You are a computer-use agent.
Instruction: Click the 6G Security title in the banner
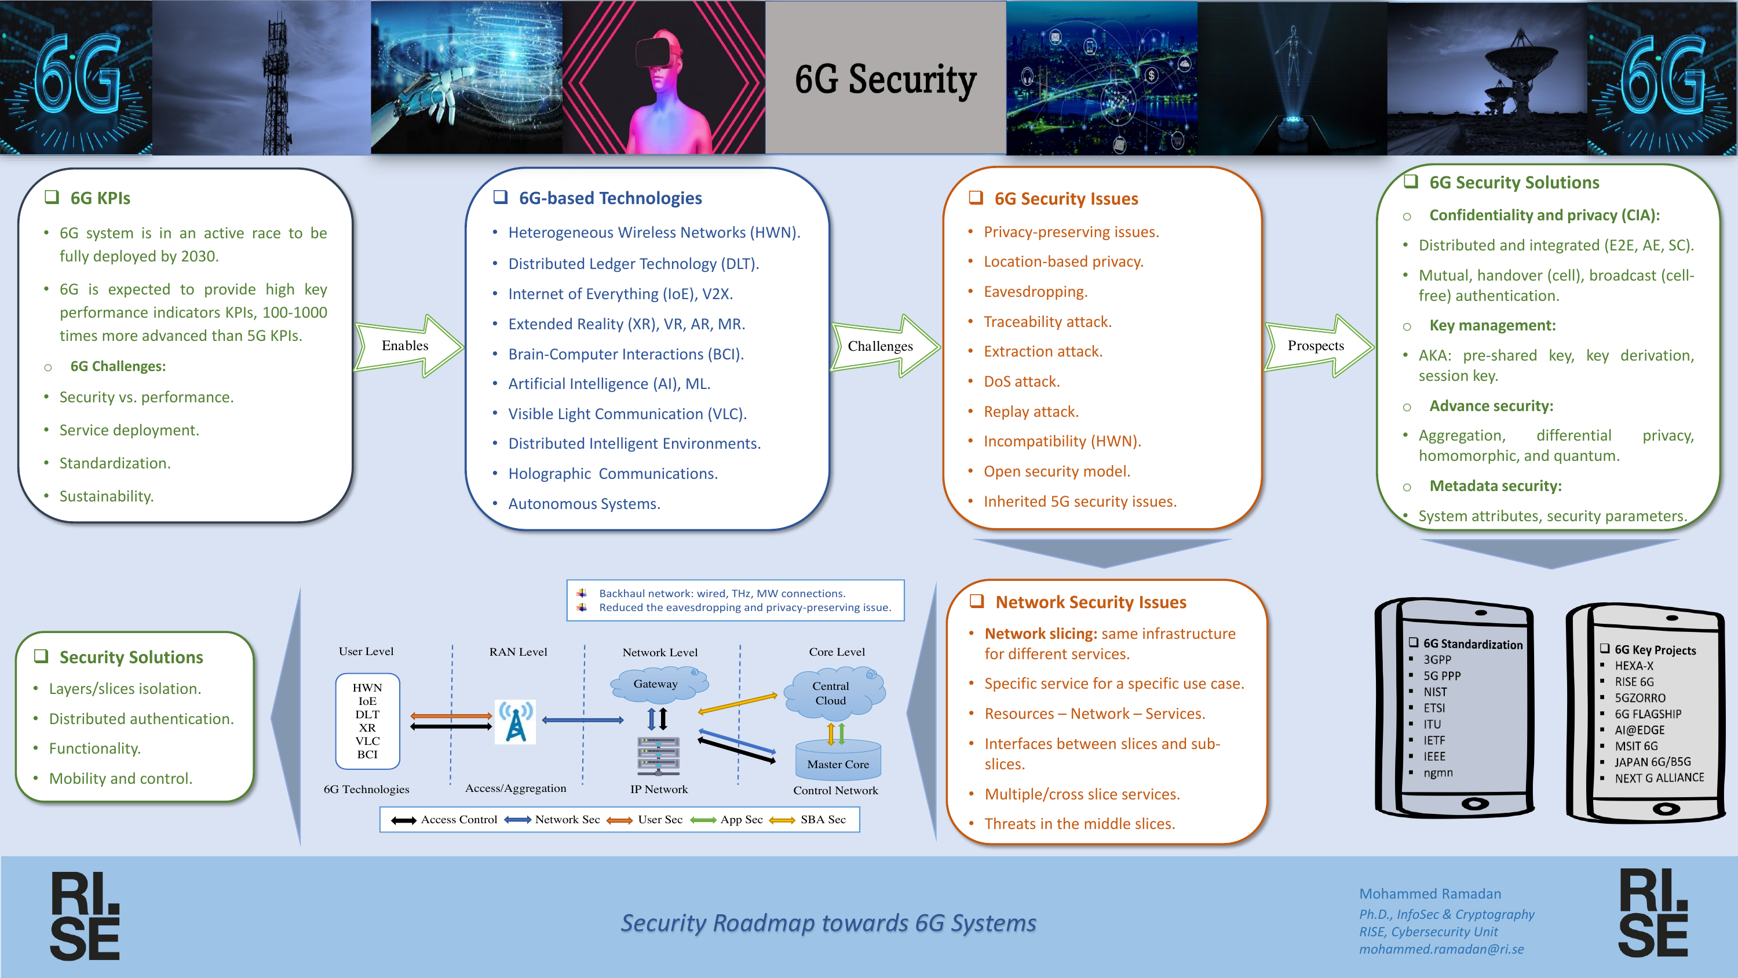tap(885, 79)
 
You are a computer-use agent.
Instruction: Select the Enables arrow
tap(409, 346)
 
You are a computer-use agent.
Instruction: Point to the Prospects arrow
tap(1319, 346)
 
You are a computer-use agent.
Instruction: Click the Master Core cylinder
tap(838, 760)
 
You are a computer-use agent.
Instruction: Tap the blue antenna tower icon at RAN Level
tap(516, 722)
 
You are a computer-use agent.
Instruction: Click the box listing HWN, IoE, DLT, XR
tap(368, 721)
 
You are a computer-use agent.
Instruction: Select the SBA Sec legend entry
tap(808, 819)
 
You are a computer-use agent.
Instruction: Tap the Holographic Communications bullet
tap(612, 474)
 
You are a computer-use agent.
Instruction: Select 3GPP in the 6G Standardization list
tap(1437, 659)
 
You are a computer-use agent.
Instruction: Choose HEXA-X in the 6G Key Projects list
tap(1633, 666)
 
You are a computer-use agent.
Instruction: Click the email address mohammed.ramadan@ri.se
tap(1441, 949)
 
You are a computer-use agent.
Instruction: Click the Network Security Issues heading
tap(1090, 602)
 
